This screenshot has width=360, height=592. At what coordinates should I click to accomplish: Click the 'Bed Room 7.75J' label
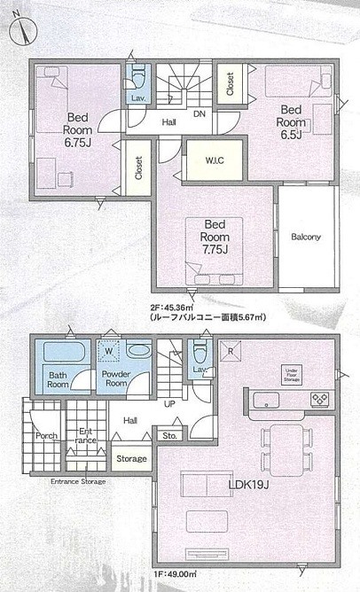click(x=215, y=237)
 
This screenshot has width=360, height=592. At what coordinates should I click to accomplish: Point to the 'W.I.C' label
click(x=214, y=161)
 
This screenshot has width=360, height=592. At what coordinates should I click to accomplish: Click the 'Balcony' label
click(x=305, y=237)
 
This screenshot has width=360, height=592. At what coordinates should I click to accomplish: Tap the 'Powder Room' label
click(x=117, y=379)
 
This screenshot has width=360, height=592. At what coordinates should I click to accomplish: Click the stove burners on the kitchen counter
click(x=319, y=400)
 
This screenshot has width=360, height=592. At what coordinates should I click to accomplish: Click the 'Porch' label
click(x=46, y=436)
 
